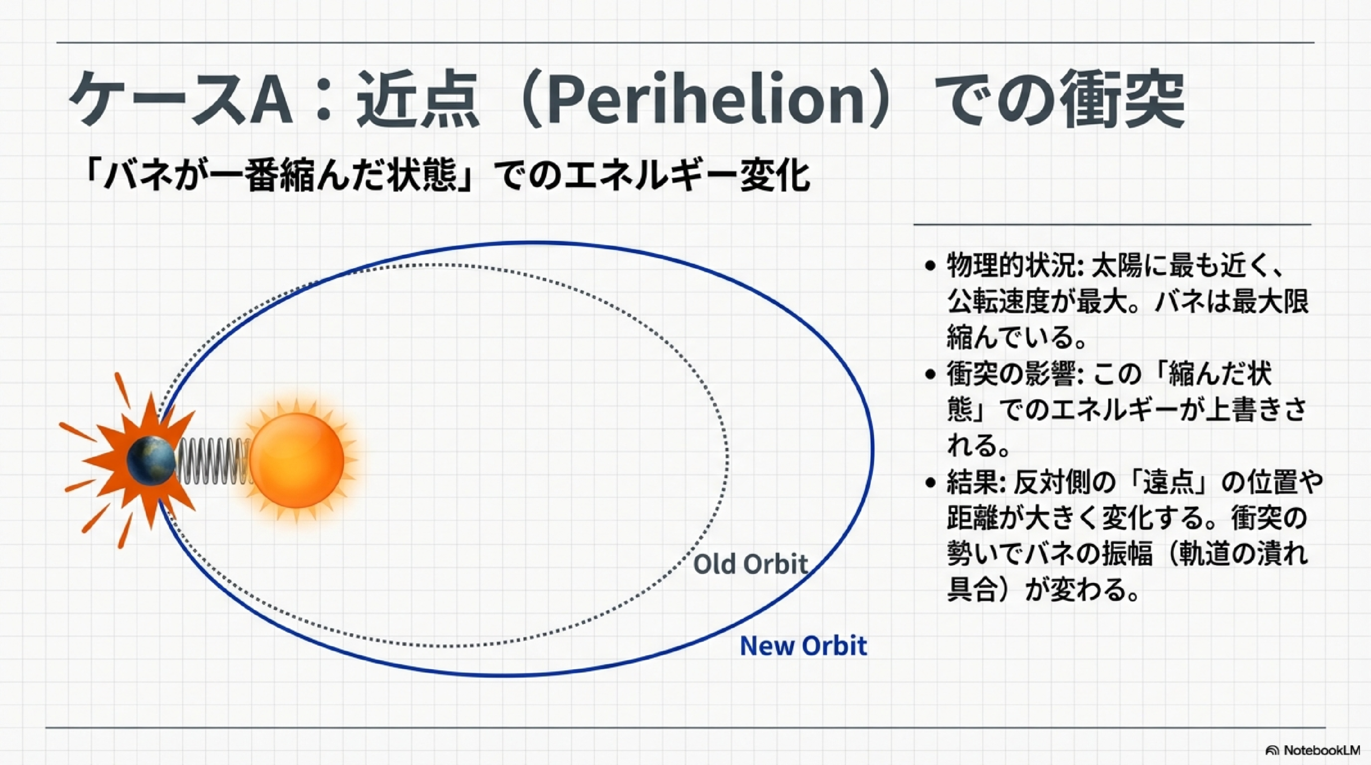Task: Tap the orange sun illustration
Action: [297, 460]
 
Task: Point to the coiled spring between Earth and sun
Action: [213, 461]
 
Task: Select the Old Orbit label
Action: [750, 564]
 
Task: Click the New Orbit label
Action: [803, 646]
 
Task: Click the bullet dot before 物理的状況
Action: [930, 266]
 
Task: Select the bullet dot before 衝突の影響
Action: [930, 374]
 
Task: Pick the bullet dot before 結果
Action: [930, 483]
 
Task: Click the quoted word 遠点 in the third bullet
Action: [1169, 483]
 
